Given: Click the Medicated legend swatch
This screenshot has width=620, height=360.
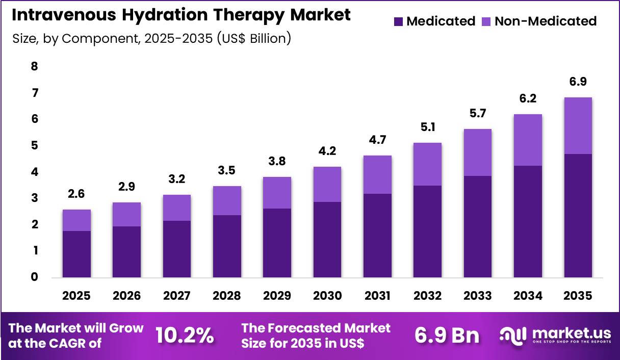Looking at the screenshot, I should click(399, 21).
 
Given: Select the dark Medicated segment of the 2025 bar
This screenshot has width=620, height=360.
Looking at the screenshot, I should click(76, 254).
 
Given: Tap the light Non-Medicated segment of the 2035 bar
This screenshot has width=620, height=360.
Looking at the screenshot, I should click(578, 125).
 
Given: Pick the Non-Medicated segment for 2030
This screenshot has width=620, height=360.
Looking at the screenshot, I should click(327, 184).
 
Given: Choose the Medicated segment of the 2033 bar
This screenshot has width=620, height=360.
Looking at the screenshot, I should click(478, 226).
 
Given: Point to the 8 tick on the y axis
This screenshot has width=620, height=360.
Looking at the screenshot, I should click(34, 66).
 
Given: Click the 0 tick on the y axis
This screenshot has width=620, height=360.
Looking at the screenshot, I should click(34, 277).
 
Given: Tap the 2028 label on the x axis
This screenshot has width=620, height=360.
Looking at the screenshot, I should click(227, 296).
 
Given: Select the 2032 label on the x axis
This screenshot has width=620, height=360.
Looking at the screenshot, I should click(428, 296).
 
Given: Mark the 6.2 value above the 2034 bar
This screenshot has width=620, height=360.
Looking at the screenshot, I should click(528, 99).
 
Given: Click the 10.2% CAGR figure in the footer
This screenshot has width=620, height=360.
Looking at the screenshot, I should click(184, 336).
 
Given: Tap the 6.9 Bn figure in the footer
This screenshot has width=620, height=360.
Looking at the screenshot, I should click(447, 336).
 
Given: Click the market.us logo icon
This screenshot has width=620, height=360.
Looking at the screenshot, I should click(513, 335).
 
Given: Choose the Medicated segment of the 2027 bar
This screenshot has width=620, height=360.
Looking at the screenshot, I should click(177, 249).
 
